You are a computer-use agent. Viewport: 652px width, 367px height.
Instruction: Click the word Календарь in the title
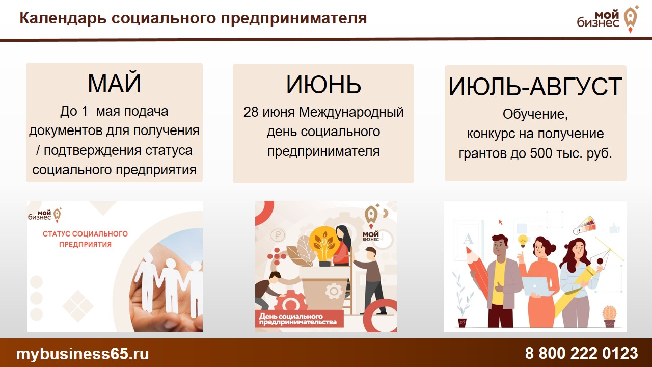63,18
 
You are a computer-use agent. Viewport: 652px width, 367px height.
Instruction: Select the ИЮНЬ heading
323,85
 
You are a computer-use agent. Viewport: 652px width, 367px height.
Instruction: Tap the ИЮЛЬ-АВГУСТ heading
535,86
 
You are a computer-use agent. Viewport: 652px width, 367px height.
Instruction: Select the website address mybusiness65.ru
83,354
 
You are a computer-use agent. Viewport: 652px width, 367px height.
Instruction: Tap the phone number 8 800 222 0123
581,353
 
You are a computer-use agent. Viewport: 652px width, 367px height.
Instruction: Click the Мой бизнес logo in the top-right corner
608,19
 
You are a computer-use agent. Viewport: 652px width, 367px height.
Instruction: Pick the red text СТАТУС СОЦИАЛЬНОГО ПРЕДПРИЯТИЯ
85,239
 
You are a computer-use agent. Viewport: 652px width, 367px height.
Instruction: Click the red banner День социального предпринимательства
299,319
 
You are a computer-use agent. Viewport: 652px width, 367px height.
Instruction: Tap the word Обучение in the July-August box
535,114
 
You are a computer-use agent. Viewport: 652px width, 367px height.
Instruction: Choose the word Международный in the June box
351,113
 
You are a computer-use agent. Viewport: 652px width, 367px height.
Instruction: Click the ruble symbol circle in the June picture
278,235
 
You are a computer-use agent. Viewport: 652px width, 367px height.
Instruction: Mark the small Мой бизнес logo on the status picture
45,215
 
